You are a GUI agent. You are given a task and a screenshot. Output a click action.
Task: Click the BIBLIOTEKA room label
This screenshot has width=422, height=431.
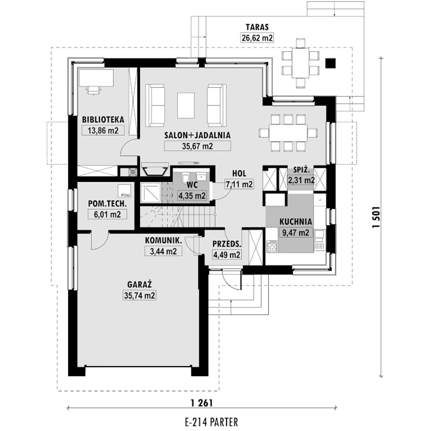click(x=103, y=120)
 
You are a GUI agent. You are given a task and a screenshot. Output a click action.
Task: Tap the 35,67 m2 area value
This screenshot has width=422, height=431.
click(x=197, y=146)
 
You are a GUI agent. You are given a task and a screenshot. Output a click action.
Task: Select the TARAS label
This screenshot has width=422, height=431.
click(x=257, y=27)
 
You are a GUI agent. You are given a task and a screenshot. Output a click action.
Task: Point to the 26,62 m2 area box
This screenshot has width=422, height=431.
click(x=257, y=38)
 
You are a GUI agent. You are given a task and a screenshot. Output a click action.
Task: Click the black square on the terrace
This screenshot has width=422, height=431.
click(x=330, y=63)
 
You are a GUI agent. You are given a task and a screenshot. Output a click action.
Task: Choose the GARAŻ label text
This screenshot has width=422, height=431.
click(x=139, y=284)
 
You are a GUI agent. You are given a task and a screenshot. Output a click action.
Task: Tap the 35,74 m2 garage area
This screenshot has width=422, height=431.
click(x=139, y=295)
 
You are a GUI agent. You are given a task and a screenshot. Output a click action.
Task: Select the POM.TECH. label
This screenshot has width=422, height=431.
click(x=107, y=204)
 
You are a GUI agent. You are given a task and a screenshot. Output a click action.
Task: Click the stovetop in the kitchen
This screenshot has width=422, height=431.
click(x=272, y=246)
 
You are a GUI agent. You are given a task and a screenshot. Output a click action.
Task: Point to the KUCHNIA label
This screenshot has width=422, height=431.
click(x=296, y=222)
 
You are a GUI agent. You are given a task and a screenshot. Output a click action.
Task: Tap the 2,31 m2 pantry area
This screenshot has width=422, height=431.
click(x=301, y=180)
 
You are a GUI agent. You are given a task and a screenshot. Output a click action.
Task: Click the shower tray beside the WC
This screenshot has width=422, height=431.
click(x=151, y=192)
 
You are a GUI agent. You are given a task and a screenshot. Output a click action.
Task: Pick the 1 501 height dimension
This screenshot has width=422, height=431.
click(x=376, y=217)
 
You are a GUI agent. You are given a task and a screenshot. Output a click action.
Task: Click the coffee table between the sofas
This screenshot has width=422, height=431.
click(x=186, y=106)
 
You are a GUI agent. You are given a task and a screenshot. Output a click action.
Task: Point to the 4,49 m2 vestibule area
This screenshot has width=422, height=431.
click(x=226, y=255)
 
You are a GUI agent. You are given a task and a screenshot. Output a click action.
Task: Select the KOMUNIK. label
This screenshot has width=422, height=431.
click(x=164, y=240)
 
